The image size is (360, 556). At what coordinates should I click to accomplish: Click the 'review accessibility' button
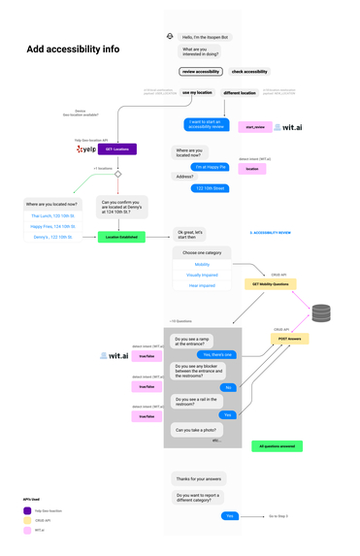(x=201, y=71)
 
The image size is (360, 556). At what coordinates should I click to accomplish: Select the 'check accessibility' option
(x=249, y=71)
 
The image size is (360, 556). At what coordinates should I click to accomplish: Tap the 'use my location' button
(x=197, y=92)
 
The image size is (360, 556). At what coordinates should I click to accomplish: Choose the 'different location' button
(x=240, y=92)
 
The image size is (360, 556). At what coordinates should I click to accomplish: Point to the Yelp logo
(x=85, y=149)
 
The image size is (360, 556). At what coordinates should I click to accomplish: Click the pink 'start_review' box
(x=255, y=127)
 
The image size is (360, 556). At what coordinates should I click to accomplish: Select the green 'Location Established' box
(x=119, y=237)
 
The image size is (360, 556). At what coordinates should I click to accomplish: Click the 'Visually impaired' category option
(x=202, y=275)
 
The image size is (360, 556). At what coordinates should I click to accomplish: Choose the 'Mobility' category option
(x=202, y=264)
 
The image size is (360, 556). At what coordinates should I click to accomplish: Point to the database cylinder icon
(x=321, y=313)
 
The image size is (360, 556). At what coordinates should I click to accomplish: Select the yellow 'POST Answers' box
(x=290, y=339)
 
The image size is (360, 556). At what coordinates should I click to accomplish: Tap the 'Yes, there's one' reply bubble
(x=216, y=355)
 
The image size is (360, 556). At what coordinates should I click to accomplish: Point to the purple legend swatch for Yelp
(x=27, y=510)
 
